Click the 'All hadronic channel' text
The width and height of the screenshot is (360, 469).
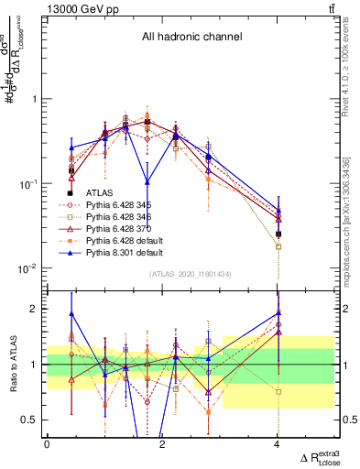click(191, 38)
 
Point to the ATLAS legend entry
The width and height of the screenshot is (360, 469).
click(99, 192)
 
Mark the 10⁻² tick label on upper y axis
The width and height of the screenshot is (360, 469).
click(30, 268)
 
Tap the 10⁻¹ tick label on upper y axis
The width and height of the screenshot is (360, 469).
click(30, 184)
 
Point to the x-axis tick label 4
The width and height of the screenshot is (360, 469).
click(278, 444)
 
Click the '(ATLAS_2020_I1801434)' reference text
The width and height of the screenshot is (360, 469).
click(190, 276)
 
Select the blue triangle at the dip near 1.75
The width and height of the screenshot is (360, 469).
click(147, 181)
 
